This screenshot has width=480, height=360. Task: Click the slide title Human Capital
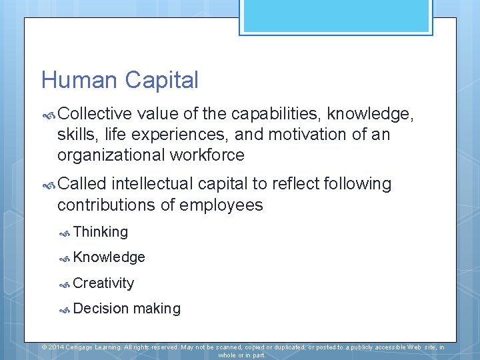[120, 81]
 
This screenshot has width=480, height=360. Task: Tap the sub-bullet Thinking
[101, 232]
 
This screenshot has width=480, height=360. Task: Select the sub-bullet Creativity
[103, 283]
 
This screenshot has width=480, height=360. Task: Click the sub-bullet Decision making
[127, 309]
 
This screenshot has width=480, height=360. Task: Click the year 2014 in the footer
[56, 347]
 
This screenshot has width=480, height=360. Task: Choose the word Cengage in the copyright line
[83, 347]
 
